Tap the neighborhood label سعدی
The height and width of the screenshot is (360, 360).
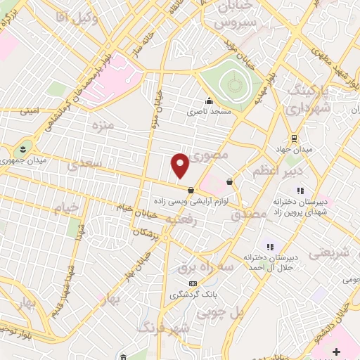click(85, 163)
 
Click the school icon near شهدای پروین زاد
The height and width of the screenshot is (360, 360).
click(300, 190)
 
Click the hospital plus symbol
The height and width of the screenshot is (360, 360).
click(336, 351)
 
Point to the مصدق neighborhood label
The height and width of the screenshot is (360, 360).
click(250, 214)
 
